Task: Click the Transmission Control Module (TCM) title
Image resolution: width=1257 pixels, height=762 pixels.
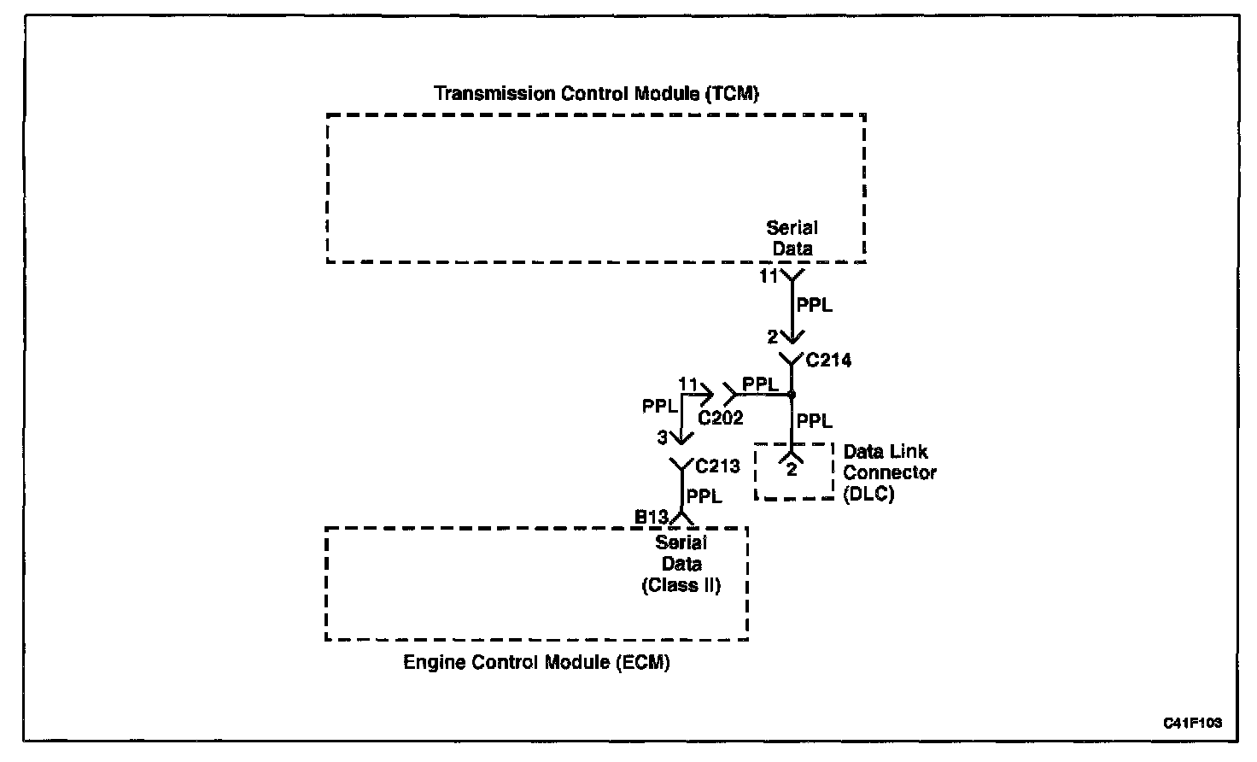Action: click(x=596, y=93)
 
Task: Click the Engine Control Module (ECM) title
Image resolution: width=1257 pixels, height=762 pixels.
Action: click(x=536, y=662)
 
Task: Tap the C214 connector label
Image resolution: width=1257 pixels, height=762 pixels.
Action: click(x=829, y=360)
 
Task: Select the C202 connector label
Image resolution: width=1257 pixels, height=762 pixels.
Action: click(x=721, y=419)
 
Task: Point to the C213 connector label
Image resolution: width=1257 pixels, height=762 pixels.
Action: click(x=718, y=466)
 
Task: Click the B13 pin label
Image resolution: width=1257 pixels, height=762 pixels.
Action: click(x=651, y=517)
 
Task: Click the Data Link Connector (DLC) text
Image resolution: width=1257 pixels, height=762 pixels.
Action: click(x=890, y=472)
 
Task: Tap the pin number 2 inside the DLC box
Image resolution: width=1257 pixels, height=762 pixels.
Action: click(x=792, y=469)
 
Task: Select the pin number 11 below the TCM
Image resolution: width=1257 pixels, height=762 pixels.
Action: click(x=769, y=277)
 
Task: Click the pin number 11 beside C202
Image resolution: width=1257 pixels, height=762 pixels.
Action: click(x=688, y=384)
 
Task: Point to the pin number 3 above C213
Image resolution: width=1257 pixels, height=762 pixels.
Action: click(x=662, y=437)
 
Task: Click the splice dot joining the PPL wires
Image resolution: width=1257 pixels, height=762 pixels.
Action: click(x=792, y=395)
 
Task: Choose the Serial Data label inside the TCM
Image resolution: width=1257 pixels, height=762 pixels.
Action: click(x=792, y=238)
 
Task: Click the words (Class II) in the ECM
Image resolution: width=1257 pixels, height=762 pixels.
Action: click(x=681, y=585)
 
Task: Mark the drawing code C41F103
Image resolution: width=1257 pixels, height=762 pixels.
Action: click(x=1192, y=723)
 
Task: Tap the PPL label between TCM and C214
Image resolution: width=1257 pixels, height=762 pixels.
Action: click(x=814, y=305)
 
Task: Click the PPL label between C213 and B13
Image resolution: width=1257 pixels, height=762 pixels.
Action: click(x=705, y=496)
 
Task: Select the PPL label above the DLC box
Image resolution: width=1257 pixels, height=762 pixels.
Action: click(x=814, y=420)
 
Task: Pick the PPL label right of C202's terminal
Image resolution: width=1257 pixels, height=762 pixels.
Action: click(x=760, y=384)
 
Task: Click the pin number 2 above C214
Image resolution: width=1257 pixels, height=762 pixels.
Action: click(x=773, y=337)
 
